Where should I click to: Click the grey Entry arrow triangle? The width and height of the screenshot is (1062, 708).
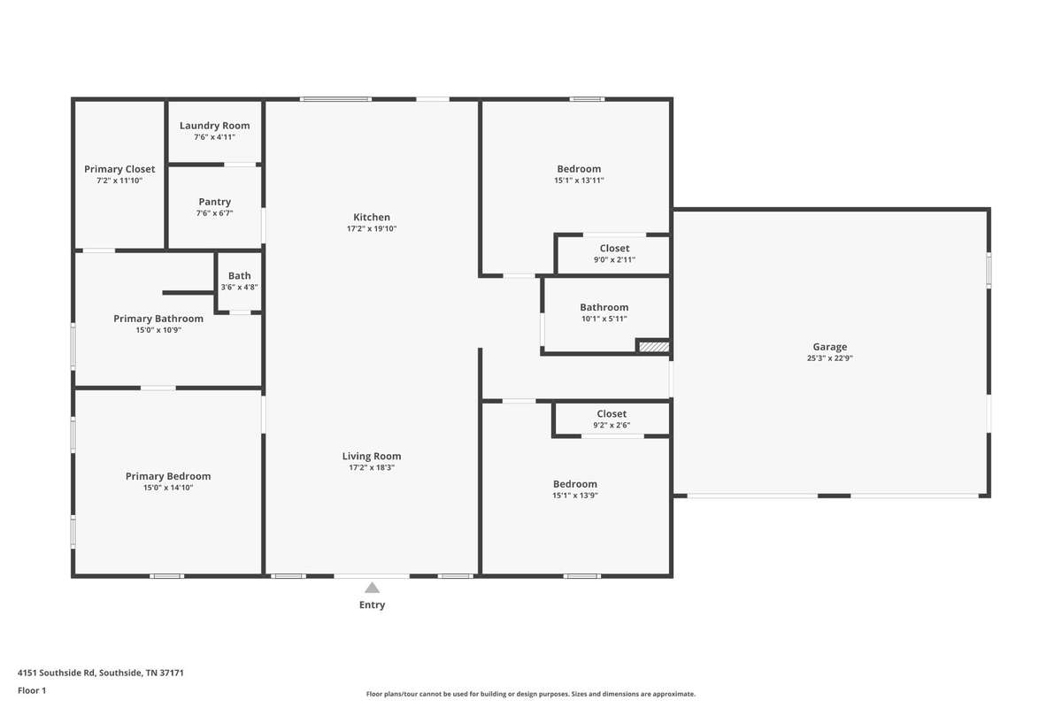373,588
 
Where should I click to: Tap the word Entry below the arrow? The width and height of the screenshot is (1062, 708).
373,604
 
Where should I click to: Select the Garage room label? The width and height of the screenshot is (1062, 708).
830,347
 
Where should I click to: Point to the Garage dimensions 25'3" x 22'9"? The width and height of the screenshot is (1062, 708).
830,358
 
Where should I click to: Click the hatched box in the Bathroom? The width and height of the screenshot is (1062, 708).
654,347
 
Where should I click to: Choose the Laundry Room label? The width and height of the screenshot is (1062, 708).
215,126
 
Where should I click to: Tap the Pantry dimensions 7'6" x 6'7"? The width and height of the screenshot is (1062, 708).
215,213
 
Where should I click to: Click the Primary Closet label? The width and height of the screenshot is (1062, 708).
119,169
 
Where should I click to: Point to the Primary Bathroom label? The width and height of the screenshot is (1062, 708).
158,319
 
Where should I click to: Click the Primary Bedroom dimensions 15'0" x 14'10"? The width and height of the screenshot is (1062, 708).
168,488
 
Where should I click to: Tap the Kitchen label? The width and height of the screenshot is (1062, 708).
372,217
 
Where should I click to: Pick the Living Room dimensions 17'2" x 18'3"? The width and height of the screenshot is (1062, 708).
372,467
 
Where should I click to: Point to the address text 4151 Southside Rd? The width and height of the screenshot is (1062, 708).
57,673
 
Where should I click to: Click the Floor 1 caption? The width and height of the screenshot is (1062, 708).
32,690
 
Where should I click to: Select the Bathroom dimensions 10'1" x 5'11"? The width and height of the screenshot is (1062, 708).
604,319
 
